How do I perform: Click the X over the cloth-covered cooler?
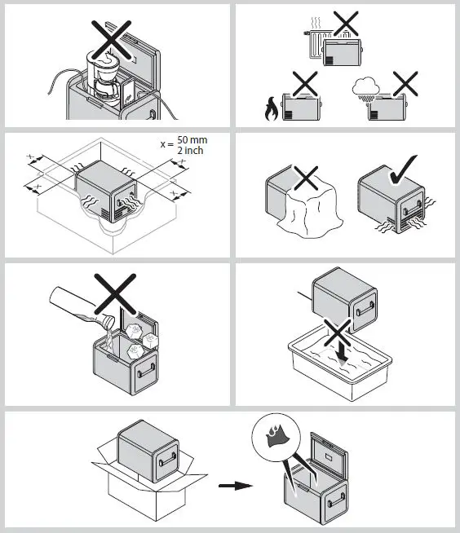pos(304,174)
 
